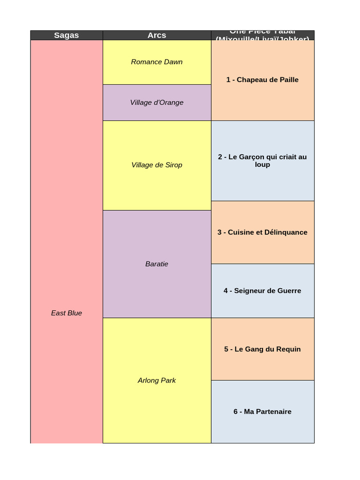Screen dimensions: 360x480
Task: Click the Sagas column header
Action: (67, 35)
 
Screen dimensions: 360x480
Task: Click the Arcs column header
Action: (157, 35)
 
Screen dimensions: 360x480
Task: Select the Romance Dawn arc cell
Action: (157, 62)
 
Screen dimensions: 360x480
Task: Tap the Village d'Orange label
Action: (157, 103)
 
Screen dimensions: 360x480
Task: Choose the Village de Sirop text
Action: (157, 165)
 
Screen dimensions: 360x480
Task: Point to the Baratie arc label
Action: (157, 264)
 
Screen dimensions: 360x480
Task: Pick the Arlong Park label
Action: (157, 380)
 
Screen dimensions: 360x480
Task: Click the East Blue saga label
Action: (67, 313)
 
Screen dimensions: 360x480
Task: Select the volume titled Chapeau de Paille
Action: (262, 80)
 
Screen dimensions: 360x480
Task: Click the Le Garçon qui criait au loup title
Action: (262, 160)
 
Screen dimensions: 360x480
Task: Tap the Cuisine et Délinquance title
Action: (262, 232)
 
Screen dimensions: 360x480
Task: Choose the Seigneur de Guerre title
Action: (262, 291)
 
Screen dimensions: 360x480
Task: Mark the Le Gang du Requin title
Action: (262, 349)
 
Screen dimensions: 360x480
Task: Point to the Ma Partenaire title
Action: (262, 412)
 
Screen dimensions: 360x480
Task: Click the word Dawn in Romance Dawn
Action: (173, 62)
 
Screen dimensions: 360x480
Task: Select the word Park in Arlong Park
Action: (168, 380)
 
